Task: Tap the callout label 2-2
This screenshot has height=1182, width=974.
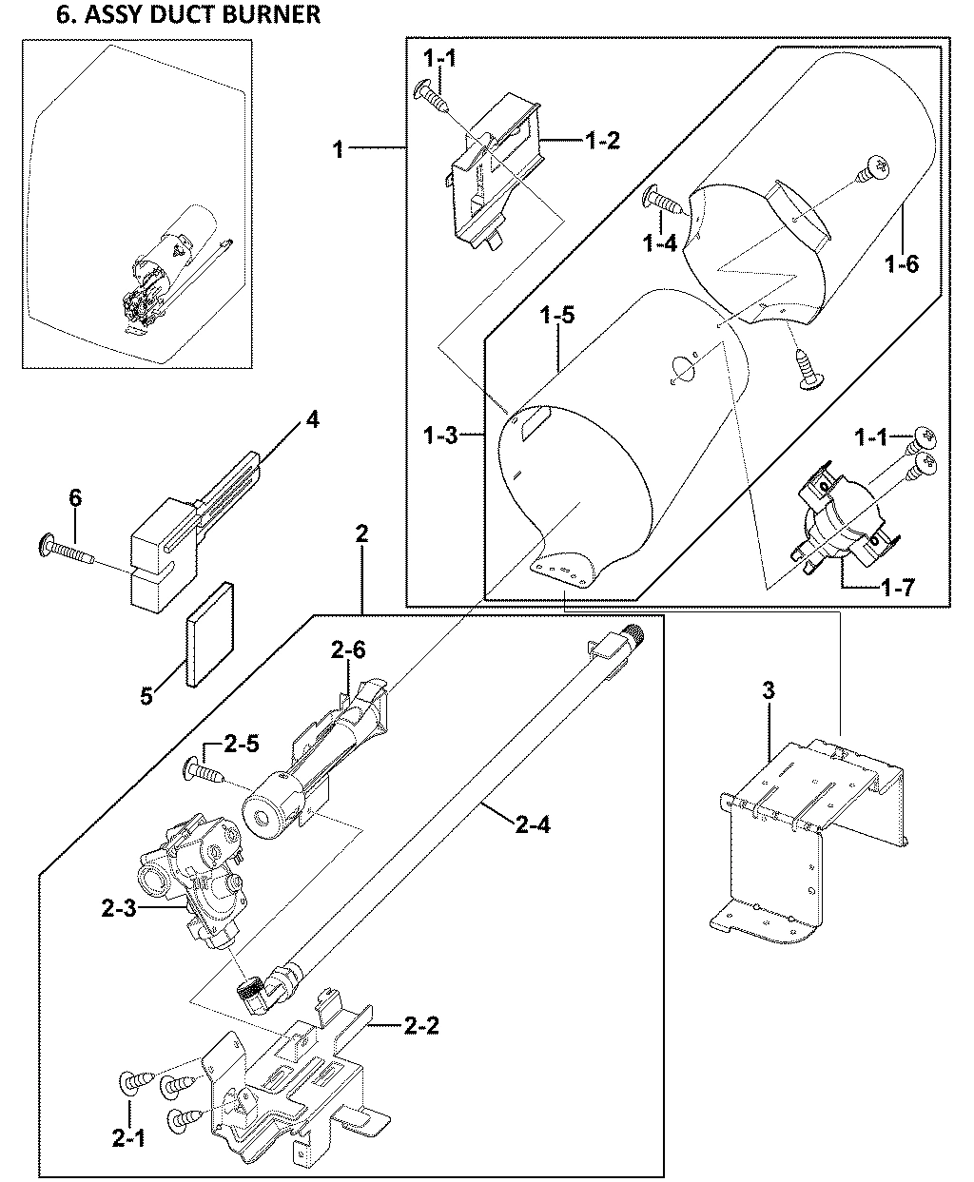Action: pos(421,1025)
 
